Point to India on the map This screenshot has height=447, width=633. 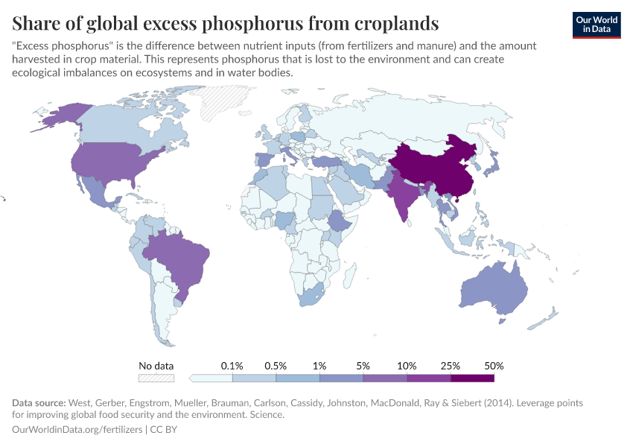402,197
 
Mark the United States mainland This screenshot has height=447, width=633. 112,164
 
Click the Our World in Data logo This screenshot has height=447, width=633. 597,24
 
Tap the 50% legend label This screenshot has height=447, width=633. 494,366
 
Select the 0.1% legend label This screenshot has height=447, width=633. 232,366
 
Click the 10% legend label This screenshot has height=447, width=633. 407,366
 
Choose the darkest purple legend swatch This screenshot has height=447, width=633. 472,378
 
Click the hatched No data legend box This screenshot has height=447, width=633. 156,378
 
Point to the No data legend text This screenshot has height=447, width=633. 156,366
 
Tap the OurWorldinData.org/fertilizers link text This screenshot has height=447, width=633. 78,430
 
